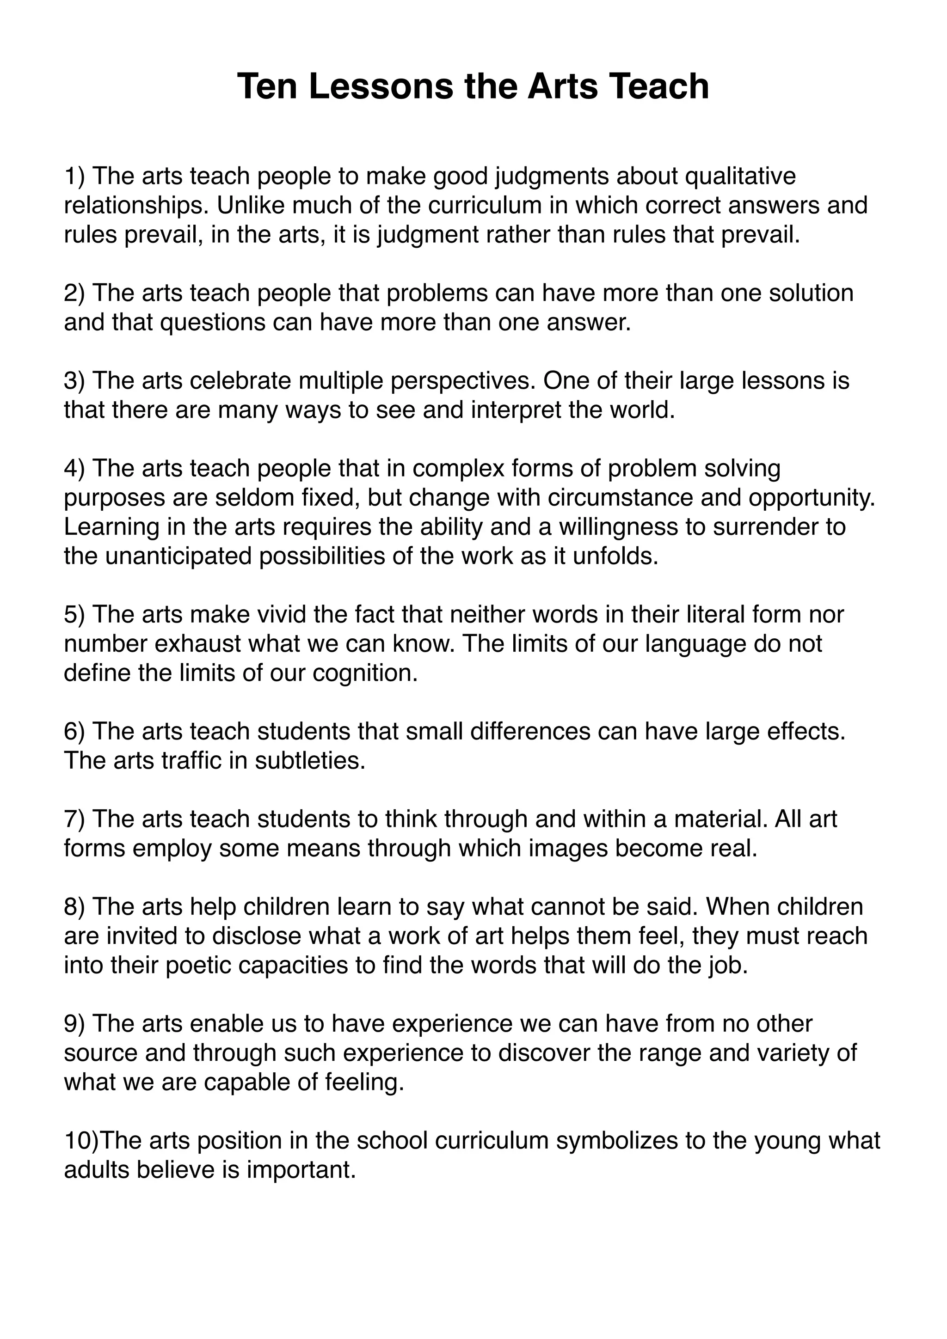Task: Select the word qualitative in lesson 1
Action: [x=740, y=176]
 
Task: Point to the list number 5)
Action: [x=75, y=614]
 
